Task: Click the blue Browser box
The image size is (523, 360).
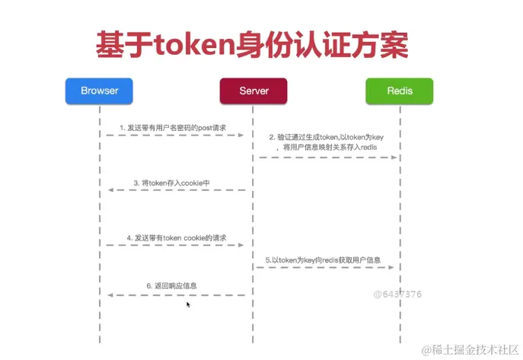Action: pos(99,91)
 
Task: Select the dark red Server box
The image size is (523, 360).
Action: pos(254,91)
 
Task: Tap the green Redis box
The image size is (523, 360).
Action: pos(400,91)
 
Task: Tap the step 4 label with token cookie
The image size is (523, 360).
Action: pos(177,238)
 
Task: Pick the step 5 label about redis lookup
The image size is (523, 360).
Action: pos(323,260)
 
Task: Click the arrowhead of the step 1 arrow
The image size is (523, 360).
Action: pos(241,135)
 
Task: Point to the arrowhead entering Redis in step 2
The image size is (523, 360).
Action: pos(394,158)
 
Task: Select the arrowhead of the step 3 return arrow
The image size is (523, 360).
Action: pos(111,190)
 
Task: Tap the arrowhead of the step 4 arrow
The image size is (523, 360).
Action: pos(241,246)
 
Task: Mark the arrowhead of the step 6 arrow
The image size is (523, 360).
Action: pos(111,295)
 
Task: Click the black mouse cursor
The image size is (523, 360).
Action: pos(188,304)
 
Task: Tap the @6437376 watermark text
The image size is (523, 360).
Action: pos(397,293)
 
